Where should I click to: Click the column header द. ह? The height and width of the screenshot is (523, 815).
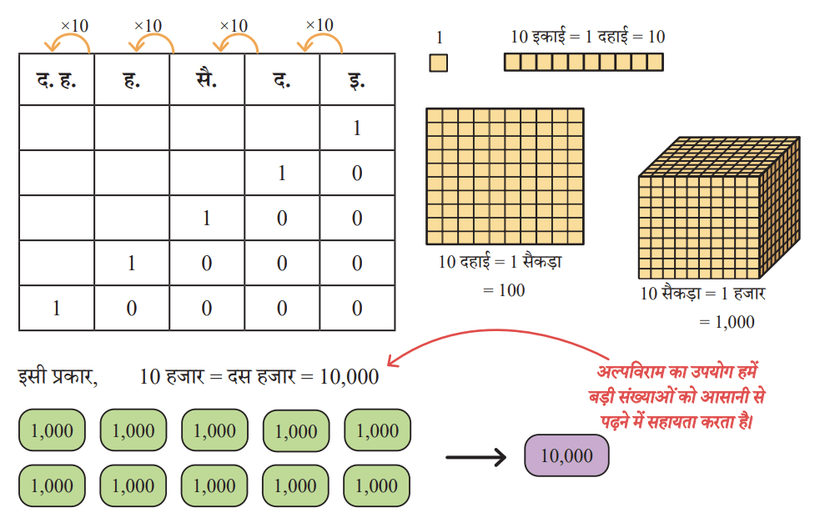[x=56, y=80]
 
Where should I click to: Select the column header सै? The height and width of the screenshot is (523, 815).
[x=206, y=79]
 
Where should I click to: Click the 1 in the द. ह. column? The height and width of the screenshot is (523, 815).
[x=56, y=309]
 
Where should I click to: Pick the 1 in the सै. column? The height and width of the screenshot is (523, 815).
[x=206, y=219]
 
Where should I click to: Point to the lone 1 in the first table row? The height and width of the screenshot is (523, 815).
[x=356, y=128]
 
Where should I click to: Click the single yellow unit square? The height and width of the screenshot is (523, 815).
[x=438, y=63]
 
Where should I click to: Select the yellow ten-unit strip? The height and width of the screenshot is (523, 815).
[x=584, y=62]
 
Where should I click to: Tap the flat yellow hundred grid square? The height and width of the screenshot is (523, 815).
[x=505, y=176]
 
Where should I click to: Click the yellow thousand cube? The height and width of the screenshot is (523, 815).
[x=719, y=208]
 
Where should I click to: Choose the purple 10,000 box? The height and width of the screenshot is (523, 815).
[x=566, y=456]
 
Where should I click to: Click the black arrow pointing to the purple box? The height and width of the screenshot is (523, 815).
[x=476, y=457]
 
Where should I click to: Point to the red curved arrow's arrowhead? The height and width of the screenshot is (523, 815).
[x=392, y=361]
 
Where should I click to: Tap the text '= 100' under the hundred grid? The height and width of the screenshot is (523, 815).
[x=504, y=290]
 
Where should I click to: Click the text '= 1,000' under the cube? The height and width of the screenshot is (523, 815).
[x=727, y=322]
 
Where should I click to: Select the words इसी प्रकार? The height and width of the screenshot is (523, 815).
[x=57, y=376]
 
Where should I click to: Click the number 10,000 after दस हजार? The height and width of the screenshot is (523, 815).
[x=350, y=377]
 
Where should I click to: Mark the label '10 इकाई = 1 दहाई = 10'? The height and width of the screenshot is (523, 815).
[x=588, y=37]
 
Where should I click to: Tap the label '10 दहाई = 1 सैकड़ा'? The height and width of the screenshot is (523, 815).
[x=500, y=262]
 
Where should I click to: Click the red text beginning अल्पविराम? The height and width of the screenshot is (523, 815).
[x=677, y=397]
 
